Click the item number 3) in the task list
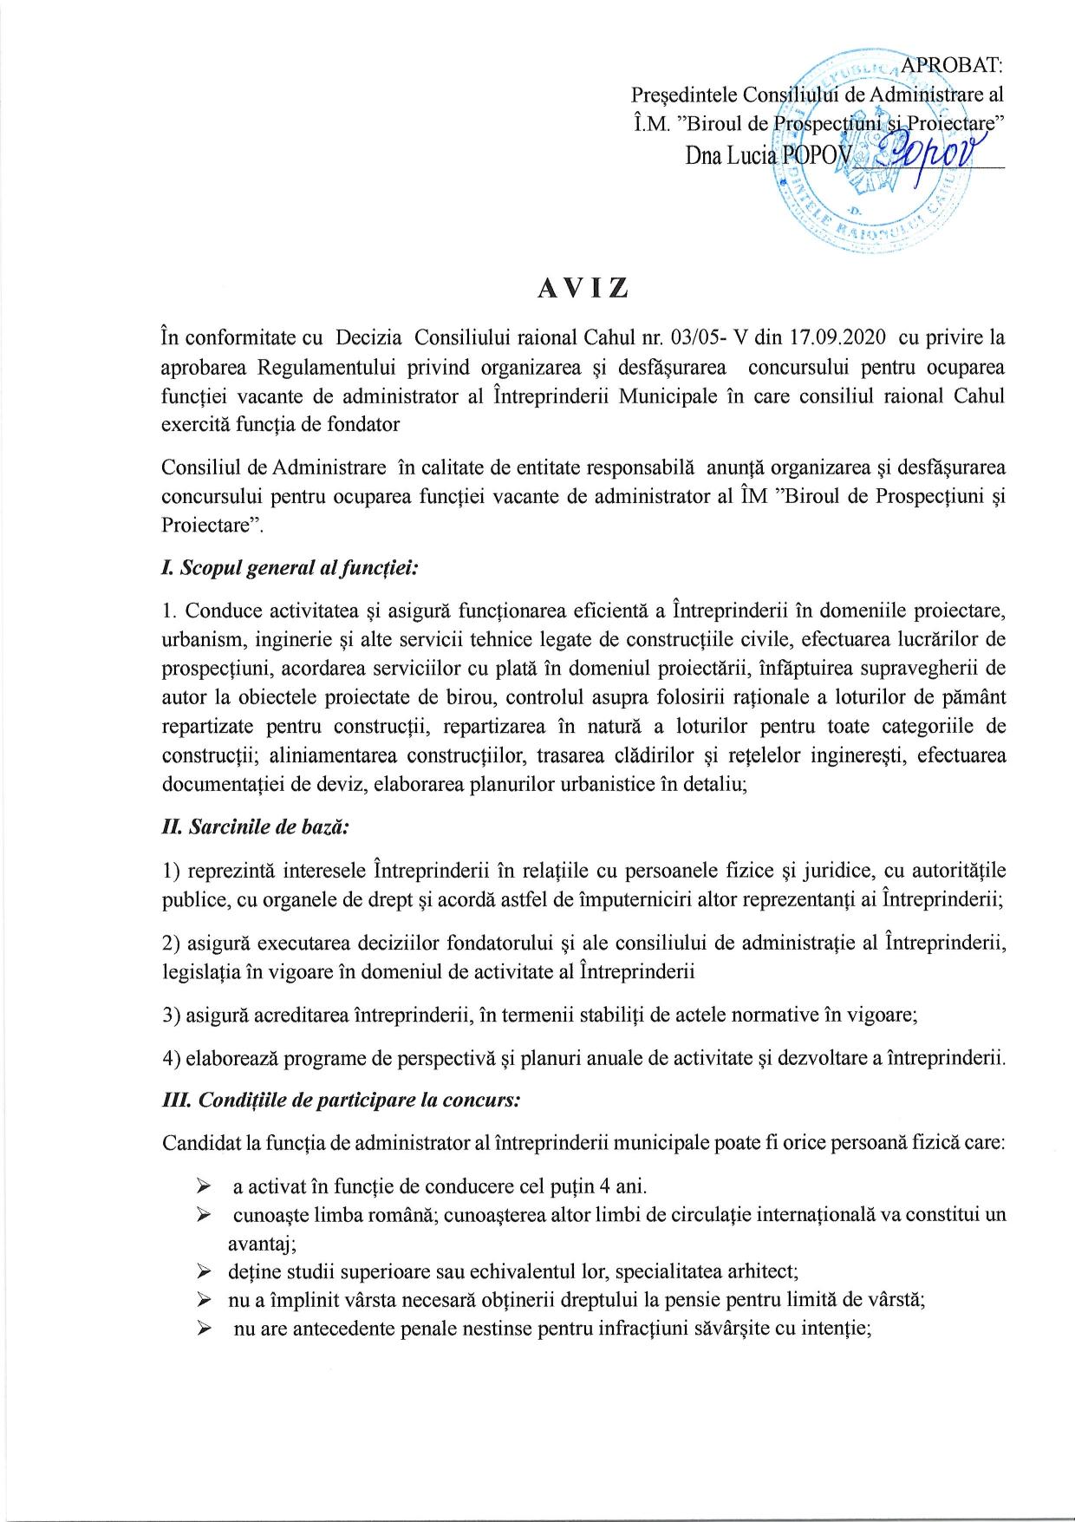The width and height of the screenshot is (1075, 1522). pyautogui.click(x=171, y=1015)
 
